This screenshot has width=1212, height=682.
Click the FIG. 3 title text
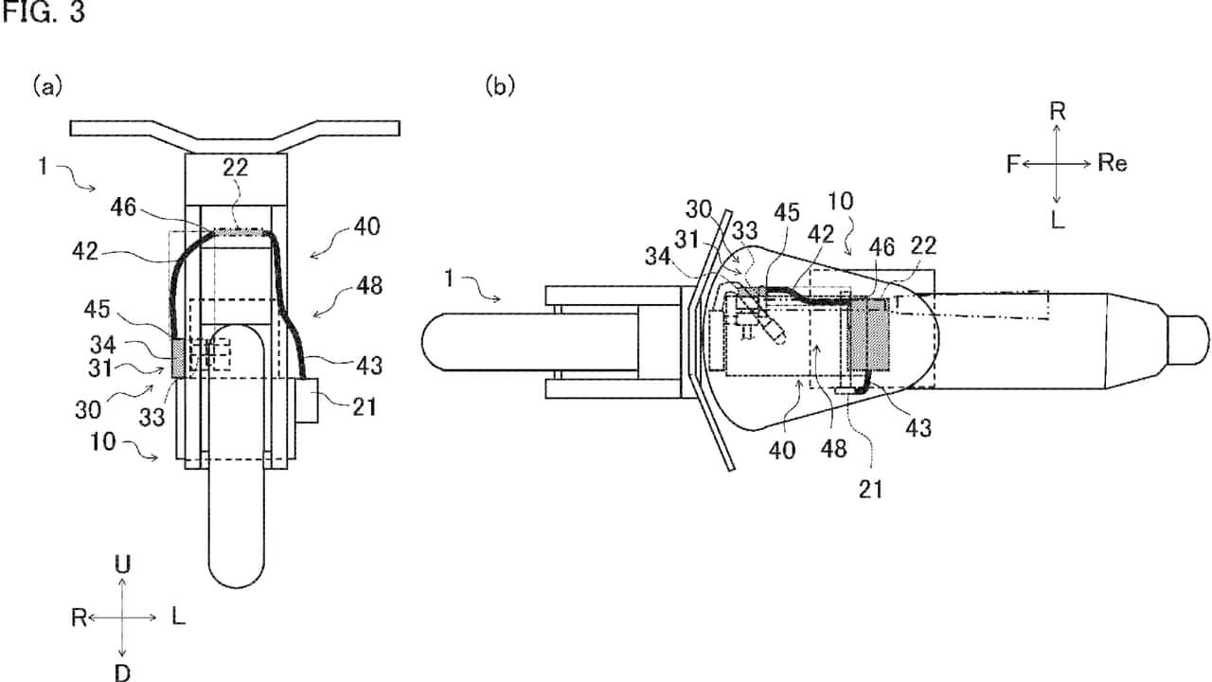pos(43,14)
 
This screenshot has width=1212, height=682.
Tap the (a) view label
pos(47,87)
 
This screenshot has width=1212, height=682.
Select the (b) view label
pos(500,87)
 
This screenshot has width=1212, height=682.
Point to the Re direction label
pos(1113,163)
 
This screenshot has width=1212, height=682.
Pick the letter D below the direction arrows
pos(122,672)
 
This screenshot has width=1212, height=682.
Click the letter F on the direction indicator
pos(1013,164)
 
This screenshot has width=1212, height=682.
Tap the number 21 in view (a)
pos(365,407)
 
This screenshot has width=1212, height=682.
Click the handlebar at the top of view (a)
pos(234,130)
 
